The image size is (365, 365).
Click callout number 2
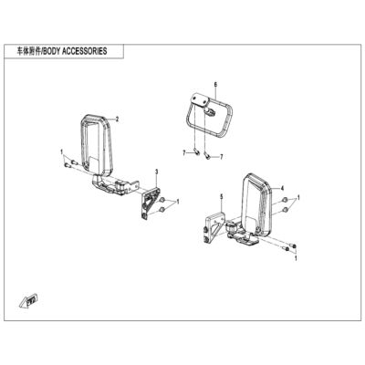tap(118, 120)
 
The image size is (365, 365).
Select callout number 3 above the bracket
tap(157, 172)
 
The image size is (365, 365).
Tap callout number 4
tap(283, 188)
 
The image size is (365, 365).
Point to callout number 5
tap(222, 197)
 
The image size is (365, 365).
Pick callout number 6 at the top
tap(215, 84)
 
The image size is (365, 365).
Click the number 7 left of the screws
tap(184, 153)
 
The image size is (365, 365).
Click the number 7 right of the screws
tap(222, 157)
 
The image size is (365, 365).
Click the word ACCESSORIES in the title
tap(85, 51)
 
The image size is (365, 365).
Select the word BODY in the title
tap(52, 51)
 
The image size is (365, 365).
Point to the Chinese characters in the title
tap(29, 51)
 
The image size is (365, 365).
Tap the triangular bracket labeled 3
tap(150, 203)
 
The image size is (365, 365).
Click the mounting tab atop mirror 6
tap(199, 100)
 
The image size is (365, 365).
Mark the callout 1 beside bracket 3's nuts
tap(178, 202)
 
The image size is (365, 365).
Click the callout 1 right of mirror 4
tap(298, 198)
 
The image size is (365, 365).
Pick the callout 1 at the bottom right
tap(296, 258)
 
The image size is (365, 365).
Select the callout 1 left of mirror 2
tap(61, 151)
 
